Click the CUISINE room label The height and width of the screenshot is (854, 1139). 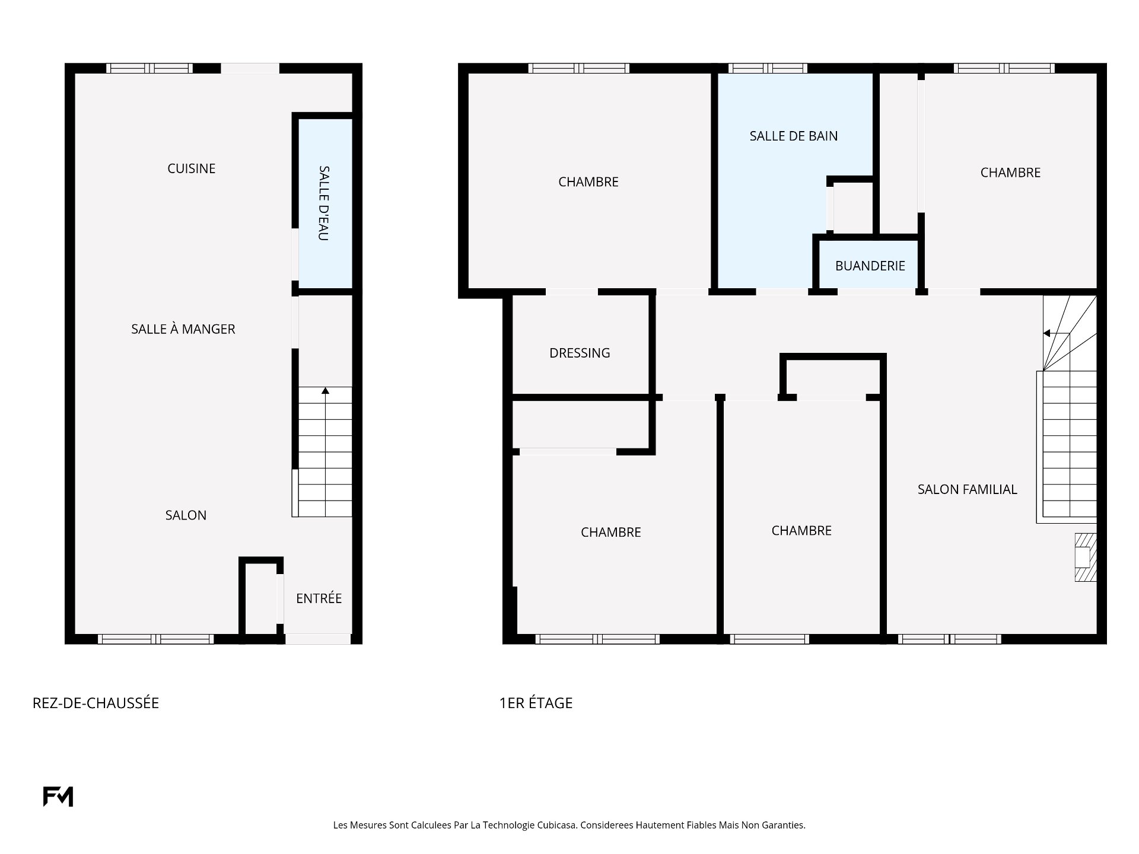[191, 168]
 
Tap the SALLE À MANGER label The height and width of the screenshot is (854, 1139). [183, 329]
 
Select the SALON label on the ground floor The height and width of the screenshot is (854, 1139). [186, 515]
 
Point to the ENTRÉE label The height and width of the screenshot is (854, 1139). [319, 598]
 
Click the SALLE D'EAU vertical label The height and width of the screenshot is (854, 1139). [324, 203]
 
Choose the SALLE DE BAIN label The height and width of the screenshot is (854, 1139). [794, 136]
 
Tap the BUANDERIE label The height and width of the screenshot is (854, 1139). [870, 266]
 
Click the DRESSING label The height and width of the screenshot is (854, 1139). [580, 353]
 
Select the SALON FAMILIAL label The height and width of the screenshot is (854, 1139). [968, 489]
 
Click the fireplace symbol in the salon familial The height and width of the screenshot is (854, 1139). [1086, 557]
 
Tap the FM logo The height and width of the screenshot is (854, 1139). [58, 796]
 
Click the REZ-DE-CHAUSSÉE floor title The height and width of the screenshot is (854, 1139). [96, 703]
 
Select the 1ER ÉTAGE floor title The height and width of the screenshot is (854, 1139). [536, 703]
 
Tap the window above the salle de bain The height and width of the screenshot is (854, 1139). [768, 68]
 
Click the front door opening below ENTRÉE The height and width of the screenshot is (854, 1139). [318, 639]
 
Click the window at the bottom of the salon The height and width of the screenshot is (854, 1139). [155, 639]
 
